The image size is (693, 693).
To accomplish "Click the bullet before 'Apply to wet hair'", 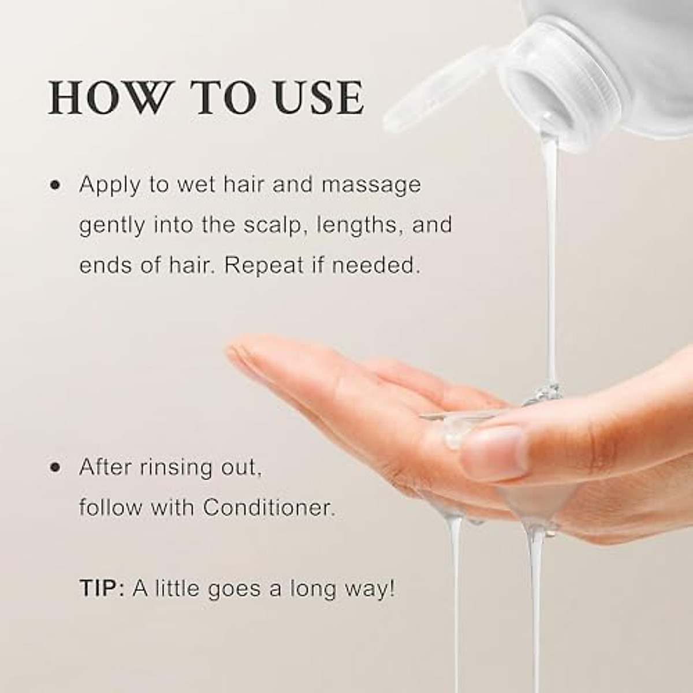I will coord(56,187).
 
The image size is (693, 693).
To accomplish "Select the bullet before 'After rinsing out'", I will coord(56,468).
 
